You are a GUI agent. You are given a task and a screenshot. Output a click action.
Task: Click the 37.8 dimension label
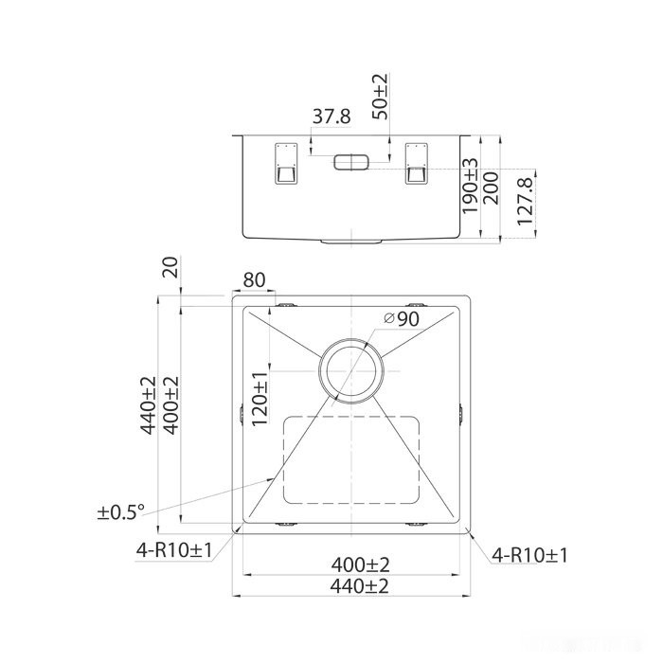coord(331,116)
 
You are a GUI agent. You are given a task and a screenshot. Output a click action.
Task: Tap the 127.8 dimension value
coord(525,200)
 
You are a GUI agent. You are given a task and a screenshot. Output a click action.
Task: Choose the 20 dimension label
coord(170,268)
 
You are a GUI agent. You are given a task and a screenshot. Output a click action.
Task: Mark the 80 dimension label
coord(254,281)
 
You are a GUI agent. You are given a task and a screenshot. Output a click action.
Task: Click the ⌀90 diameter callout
coord(402,320)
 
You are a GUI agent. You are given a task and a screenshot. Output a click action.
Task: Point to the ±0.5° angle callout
coord(120,512)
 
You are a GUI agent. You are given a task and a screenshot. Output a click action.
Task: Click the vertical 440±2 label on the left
coord(150,405)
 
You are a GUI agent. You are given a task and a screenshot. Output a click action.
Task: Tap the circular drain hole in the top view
coord(350,370)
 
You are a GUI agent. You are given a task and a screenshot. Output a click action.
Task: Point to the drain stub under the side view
coord(351,242)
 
